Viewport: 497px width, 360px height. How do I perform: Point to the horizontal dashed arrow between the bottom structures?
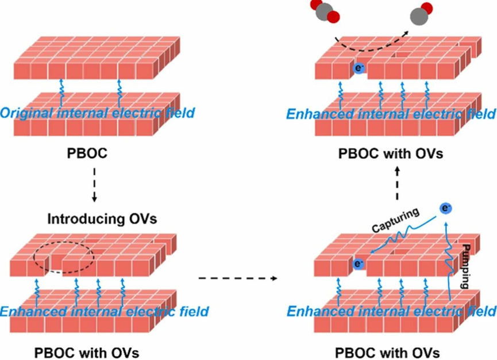tap(236, 279)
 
